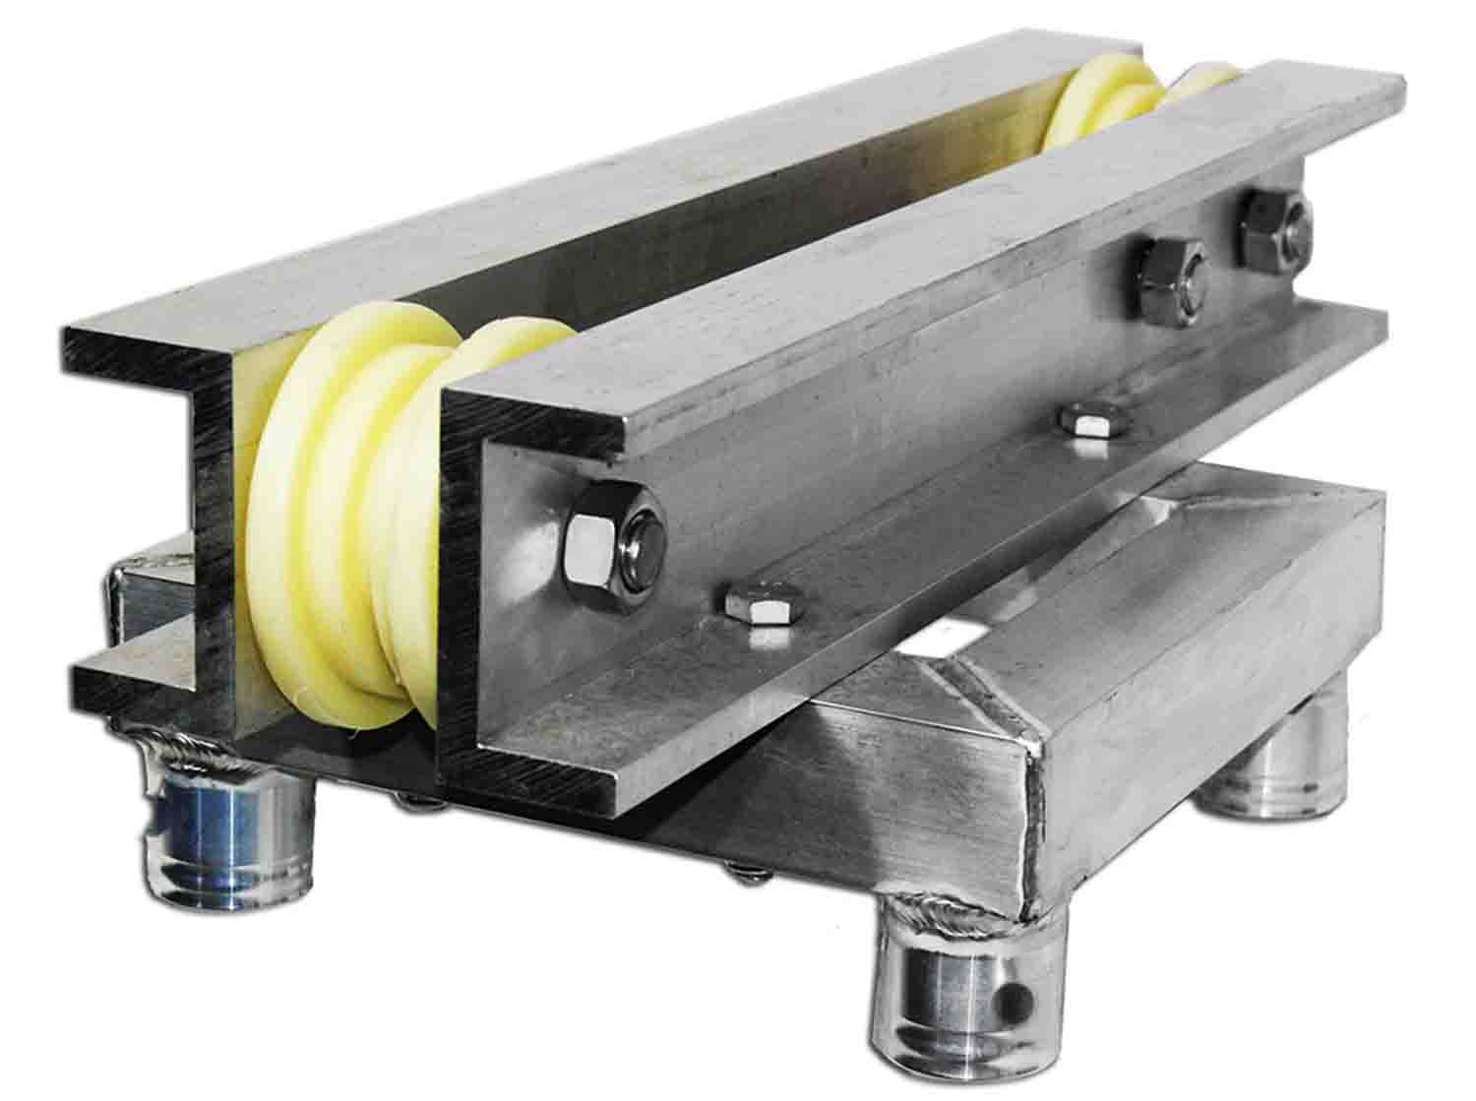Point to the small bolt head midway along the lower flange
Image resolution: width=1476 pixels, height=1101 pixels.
pos(1093,420)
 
